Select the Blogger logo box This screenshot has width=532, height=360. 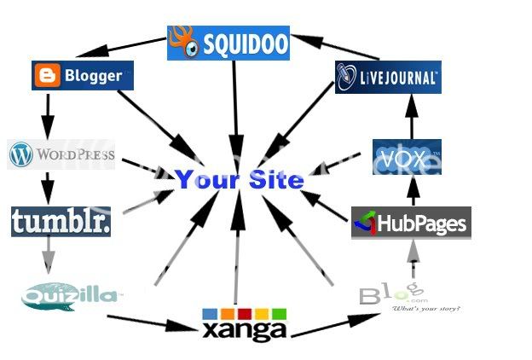(x=83, y=76)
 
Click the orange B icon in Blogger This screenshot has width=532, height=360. (x=47, y=77)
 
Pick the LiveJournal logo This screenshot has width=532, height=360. (x=387, y=76)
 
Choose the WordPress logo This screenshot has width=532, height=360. (x=61, y=155)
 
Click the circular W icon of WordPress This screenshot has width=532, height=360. (x=21, y=155)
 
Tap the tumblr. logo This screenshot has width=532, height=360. (x=61, y=222)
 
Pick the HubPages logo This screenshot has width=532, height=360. (x=411, y=224)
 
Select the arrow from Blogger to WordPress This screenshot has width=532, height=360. (x=48, y=109)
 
